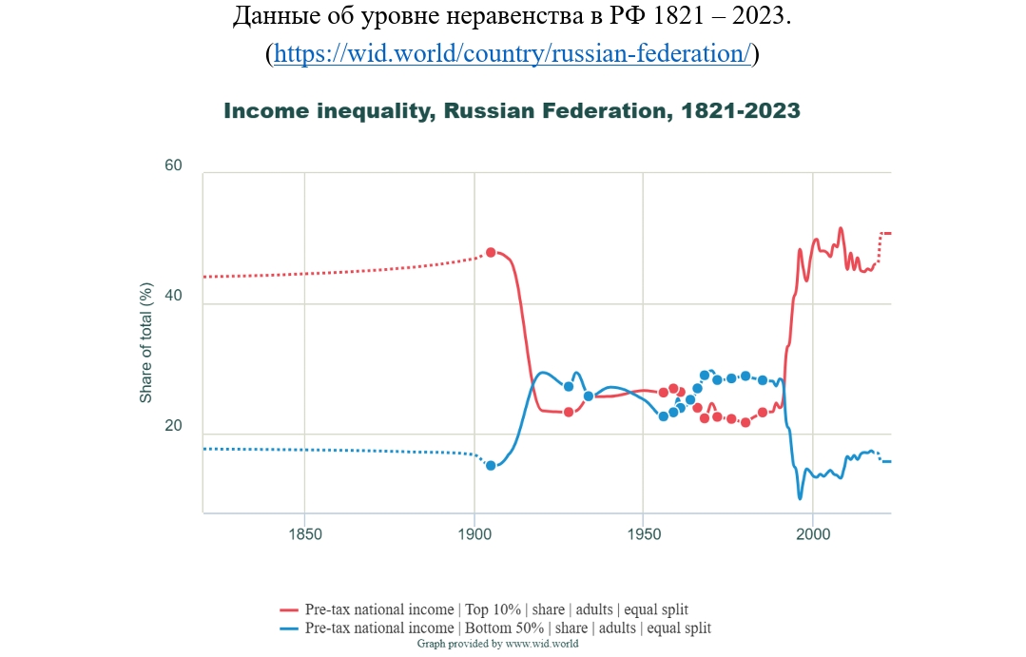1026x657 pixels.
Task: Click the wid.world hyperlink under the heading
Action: [x=513, y=53]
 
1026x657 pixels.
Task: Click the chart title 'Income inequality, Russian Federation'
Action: [x=447, y=110]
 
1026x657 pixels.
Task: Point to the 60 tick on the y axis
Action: [x=173, y=164]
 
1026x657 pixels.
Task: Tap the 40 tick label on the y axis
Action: [x=173, y=295]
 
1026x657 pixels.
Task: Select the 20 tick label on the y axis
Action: [x=173, y=425]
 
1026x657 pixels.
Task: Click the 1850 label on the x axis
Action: [x=305, y=534]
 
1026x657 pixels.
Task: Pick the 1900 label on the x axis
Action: [x=474, y=534]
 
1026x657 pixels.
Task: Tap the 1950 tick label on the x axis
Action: [x=644, y=534]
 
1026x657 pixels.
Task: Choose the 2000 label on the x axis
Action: [x=813, y=534]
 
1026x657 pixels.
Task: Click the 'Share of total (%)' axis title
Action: [x=145, y=343]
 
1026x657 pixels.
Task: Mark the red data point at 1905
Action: [x=491, y=253]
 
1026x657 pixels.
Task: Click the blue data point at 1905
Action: [x=491, y=466]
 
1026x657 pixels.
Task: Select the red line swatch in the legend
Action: [x=288, y=610]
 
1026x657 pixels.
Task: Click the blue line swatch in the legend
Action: [x=288, y=628]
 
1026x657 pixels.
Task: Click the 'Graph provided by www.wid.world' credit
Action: [x=497, y=644]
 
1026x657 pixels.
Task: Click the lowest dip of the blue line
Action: [x=801, y=498]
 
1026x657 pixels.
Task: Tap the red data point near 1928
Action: [x=569, y=413]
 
